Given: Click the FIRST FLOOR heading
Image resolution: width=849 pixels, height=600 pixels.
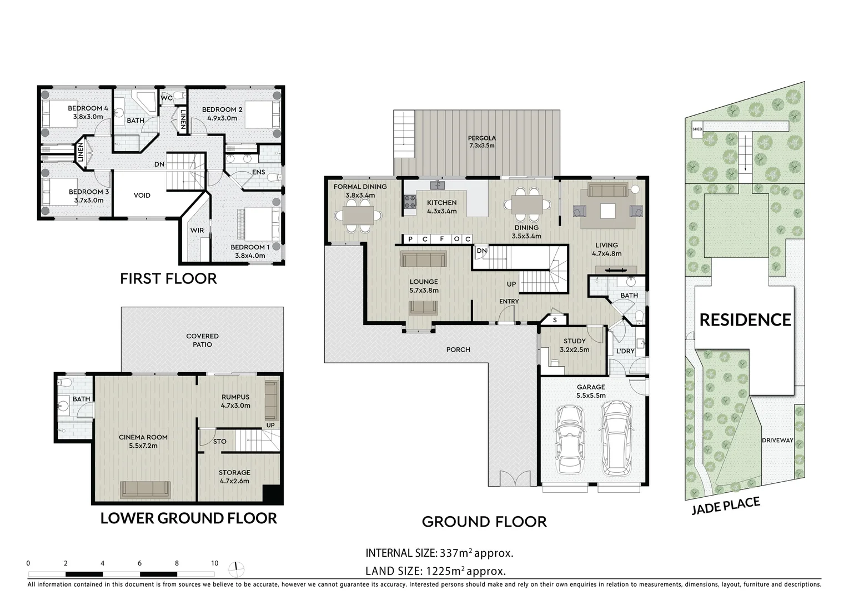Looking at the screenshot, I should (x=168, y=278).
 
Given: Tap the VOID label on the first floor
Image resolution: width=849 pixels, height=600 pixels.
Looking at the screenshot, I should (x=142, y=196).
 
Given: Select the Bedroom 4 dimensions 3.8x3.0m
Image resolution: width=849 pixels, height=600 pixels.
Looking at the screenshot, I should (x=88, y=117).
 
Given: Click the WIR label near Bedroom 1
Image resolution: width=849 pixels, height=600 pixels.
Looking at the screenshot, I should (x=197, y=230).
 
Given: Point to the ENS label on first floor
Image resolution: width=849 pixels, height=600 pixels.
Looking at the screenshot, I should (x=258, y=172).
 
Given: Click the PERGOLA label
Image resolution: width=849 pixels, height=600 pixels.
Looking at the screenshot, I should (x=481, y=138).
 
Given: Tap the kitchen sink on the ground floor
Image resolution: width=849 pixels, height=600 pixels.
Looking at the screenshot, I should (x=439, y=184).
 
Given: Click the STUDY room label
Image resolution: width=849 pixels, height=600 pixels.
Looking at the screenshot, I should (x=574, y=341).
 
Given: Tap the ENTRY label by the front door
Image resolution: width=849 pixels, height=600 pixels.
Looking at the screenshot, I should (x=509, y=302).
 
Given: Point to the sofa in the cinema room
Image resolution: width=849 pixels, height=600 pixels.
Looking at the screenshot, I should (x=145, y=489).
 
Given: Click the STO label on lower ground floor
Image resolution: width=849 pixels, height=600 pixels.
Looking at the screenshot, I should (x=220, y=442).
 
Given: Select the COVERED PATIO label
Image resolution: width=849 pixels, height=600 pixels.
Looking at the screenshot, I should (x=202, y=340).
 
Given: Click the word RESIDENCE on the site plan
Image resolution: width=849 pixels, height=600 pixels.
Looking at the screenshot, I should (x=745, y=320).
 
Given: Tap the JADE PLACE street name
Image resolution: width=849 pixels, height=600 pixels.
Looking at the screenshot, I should (x=725, y=506).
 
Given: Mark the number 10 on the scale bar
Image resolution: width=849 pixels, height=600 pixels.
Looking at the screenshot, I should (x=214, y=563).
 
